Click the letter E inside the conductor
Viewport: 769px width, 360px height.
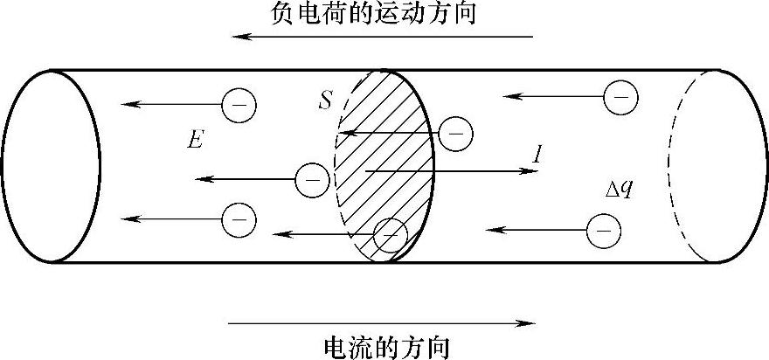(196, 140)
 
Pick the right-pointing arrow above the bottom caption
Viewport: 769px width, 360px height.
(382, 323)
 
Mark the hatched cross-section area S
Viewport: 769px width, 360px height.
(389, 166)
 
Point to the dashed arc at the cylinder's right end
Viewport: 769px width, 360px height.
(682, 165)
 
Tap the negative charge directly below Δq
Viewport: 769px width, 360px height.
(602, 231)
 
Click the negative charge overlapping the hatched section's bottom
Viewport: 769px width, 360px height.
(390, 234)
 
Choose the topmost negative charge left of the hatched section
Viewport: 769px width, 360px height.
(239, 105)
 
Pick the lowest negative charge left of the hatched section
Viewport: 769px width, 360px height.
(239, 218)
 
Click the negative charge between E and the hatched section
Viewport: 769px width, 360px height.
(312, 180)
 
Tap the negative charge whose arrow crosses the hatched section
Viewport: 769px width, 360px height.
(455, 134)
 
